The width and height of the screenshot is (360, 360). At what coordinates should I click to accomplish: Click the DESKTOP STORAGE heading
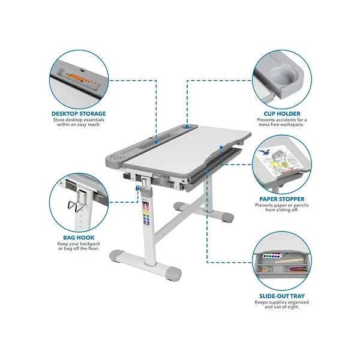click(79, 113)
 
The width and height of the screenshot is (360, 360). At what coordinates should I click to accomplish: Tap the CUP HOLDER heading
click(282, 113)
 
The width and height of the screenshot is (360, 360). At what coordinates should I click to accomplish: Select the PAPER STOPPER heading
click(282, 199)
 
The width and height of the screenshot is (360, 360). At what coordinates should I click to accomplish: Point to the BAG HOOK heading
click(79, 238)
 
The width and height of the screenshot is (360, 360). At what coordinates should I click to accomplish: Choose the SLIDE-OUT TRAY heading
click(282, 296)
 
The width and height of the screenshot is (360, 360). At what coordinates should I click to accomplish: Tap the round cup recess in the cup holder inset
click(283, 76)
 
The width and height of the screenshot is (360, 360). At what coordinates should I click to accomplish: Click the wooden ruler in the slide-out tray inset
click(289, 261)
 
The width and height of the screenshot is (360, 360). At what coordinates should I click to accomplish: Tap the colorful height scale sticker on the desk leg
click(146, 213)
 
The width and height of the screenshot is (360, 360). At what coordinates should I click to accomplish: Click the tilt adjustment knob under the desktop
click(163, 179)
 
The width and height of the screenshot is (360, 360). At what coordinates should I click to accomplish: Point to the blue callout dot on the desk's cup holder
click(187, 126)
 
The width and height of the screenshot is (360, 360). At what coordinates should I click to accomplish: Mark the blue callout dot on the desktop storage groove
click(156, 142)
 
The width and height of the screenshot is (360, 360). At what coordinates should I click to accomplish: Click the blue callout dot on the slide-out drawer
click(207, 171)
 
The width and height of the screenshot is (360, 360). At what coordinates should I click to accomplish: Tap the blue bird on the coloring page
click(263, 152)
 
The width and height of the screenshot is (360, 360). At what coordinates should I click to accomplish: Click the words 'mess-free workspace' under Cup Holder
click(281, 125)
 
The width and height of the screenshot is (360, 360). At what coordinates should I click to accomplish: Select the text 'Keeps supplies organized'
click(282, 302)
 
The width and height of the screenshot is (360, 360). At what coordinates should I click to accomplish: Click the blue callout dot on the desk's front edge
click(221, 147)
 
